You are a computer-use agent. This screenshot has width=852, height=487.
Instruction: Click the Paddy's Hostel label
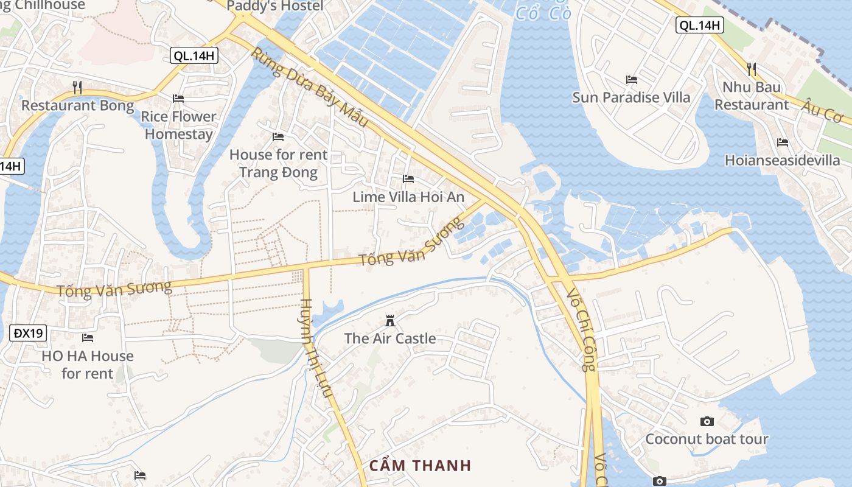click(275, 6)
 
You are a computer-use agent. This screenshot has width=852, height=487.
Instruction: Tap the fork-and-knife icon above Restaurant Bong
click(77, 88)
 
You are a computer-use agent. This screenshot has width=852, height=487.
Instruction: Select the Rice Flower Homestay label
click(179, 125)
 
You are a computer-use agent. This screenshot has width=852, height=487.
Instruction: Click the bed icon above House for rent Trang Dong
click(278, 137)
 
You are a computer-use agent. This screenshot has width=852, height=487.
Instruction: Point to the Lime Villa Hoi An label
click(408, 197)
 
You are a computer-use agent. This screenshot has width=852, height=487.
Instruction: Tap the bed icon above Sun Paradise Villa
click(632, 80)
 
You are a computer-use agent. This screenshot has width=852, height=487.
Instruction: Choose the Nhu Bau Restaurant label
click(752, 96)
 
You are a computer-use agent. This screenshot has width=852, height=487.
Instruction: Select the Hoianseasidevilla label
click(783, 160)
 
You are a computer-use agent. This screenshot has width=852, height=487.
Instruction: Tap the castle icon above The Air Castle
click(390, 321)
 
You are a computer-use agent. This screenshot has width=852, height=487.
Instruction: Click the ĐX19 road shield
click(29, 333)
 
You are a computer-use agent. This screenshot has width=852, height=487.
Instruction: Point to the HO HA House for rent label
click(88, 364)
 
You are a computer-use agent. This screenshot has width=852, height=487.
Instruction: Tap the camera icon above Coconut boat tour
click(707, 421)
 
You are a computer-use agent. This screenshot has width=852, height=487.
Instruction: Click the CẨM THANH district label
click(421, 466)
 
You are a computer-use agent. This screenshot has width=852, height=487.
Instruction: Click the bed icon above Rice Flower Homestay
click(178, 98)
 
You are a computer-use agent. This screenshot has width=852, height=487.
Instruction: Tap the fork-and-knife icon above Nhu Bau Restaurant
click(752, 69)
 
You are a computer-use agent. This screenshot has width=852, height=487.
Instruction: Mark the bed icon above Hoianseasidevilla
click(783, 142)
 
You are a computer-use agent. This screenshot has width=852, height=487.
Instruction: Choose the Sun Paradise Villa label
click(632, 97)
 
